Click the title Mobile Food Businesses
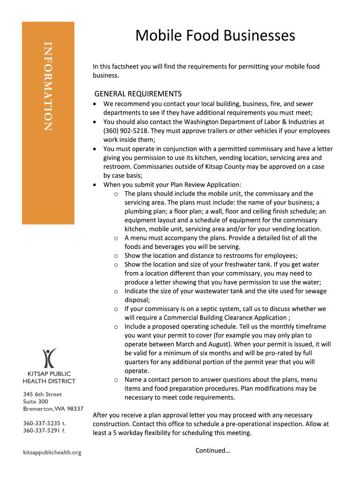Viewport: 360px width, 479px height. [215, 36]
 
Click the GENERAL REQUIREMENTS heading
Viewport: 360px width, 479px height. [138, 94]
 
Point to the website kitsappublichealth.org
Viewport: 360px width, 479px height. [52, 452]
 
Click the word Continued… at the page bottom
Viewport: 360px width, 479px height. [213, 450]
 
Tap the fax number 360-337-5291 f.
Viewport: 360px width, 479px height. [44, 430]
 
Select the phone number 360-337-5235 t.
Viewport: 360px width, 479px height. [44, 422]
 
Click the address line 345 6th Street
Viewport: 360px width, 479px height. [43, 394]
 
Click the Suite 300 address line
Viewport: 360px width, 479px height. [36, 401]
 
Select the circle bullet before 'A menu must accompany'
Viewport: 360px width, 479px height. [115, 238]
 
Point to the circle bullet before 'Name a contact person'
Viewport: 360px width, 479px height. [115, 380]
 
